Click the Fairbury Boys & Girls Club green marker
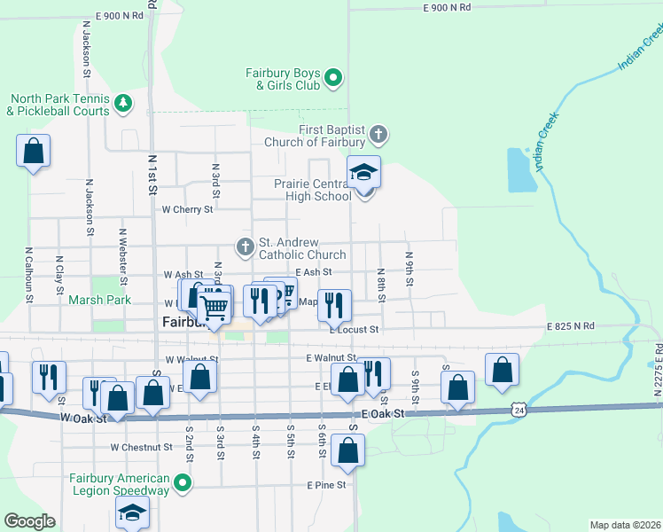pos(333,79)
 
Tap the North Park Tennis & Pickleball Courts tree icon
pos(122,105)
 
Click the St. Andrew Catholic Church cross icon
pos(245,244)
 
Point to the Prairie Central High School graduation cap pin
pos(363,173)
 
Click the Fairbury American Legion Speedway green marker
pos(183,483)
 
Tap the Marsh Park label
pos(99,301)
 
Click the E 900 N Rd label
pos(447,7)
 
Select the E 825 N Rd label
pos(570,326)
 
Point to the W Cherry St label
pos(188,210)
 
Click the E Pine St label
pos(325,485)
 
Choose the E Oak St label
pos(383,414)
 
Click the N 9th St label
pos(409,269)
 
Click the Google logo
pos(29,521)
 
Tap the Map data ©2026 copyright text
pos(625,525)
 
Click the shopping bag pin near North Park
pos(33,151)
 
